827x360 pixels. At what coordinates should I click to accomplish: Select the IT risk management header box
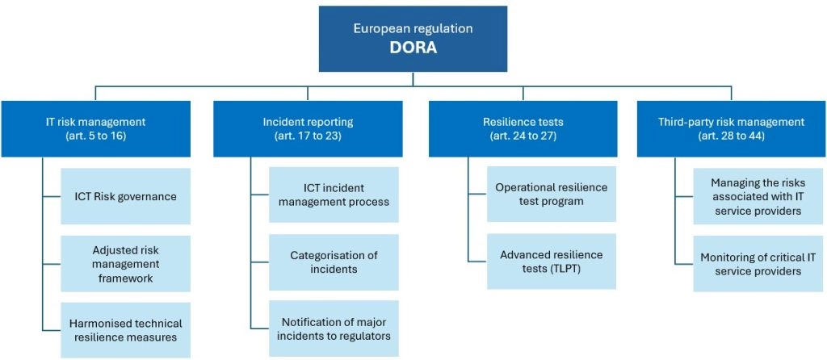96,128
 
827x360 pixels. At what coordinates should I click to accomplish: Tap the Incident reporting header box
308,128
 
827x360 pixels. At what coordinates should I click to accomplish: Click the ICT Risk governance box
125,196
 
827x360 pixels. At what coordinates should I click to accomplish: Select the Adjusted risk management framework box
125,264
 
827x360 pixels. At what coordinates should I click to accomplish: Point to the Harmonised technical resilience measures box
125,330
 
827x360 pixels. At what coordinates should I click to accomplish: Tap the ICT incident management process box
334,195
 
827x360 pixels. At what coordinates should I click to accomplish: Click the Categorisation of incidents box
334,262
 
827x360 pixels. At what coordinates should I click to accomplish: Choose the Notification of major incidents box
334,329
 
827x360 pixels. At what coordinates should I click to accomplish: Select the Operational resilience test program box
551,194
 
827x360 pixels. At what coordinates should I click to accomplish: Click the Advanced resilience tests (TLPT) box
551,262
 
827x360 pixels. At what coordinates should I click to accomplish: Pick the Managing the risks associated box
757,196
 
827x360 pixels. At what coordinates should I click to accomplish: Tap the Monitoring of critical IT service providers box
757,264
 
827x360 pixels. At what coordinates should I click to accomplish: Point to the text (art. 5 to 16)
95,136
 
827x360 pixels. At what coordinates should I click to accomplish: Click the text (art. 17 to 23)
308,136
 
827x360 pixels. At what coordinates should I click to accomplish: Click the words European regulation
413,28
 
